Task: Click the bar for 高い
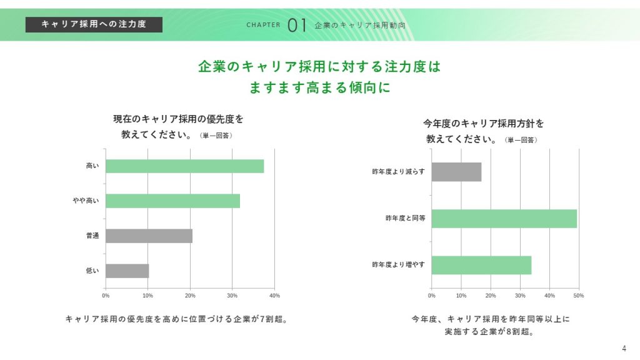point(184,166)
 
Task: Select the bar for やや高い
point(172,201)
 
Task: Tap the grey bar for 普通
point(149,236)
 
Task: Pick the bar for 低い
point(127,271)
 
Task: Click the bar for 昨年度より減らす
point(456,172)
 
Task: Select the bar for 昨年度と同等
point(504,219)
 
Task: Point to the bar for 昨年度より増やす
point(481,265)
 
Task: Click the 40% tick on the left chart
point(274,295)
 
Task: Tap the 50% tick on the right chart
point(579,295)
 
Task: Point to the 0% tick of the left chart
point(106,295)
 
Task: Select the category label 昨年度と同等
point(405,219)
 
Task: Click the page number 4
point(624,348)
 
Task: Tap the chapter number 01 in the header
point(297,25)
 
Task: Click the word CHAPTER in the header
point(263,26)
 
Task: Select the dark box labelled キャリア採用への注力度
point(94,24)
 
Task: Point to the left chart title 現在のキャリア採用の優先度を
point(178,118)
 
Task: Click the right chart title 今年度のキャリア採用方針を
point(484,123)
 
